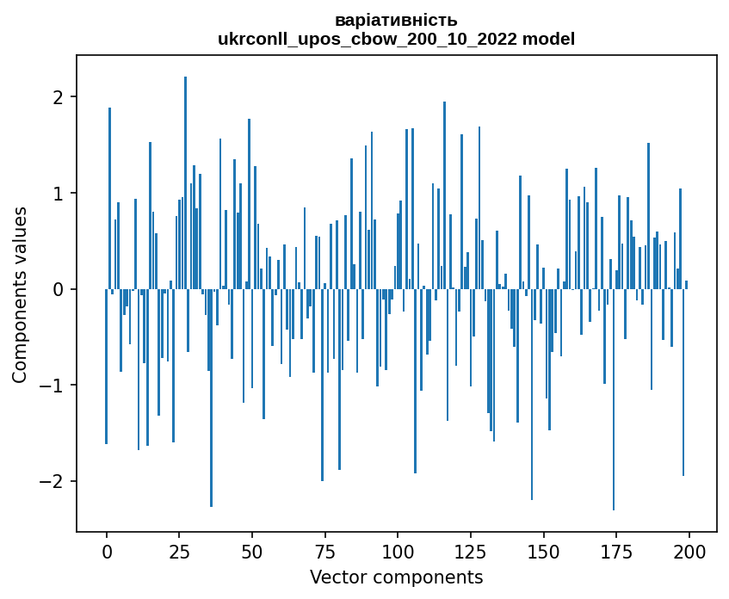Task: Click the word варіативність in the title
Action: coord(396,20)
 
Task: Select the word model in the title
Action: coord(548,39)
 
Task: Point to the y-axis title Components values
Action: coord(20,294)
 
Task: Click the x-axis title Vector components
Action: coord(396,577)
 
